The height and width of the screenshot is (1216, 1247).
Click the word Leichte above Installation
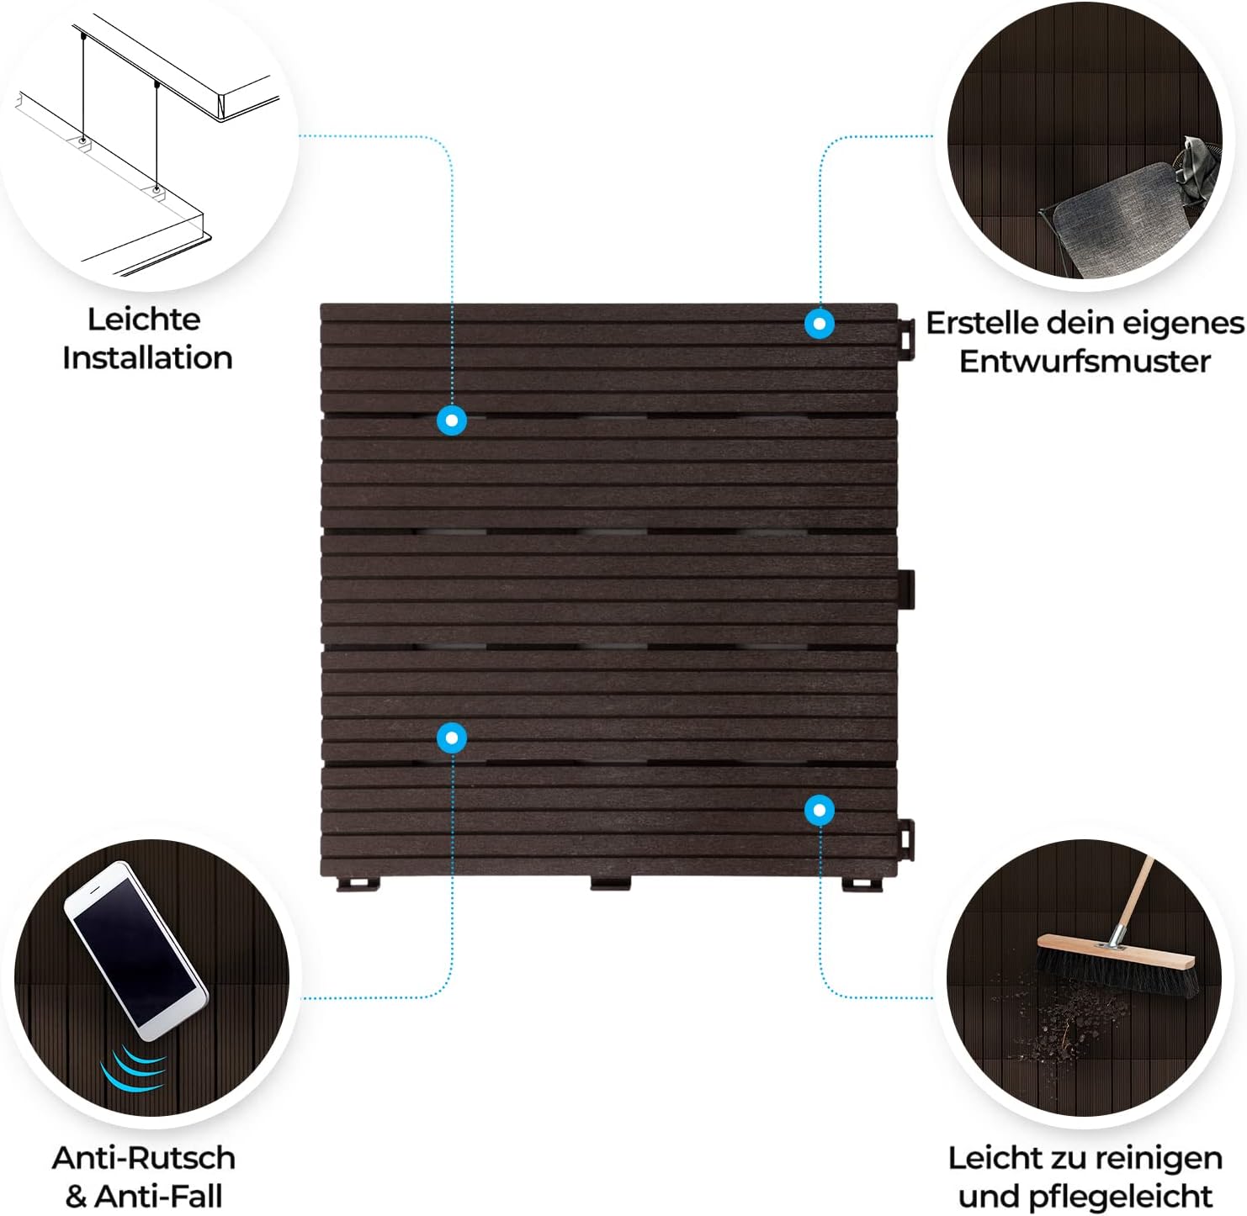[144, 320]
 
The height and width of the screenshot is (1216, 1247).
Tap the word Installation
[147, 358]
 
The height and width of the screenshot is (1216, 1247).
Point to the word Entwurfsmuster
[1085, 362]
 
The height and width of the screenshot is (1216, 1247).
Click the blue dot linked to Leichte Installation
[452, 420]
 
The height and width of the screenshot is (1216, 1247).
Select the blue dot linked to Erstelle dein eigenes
[819, 324]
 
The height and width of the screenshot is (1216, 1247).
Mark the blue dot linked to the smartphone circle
[452, 738]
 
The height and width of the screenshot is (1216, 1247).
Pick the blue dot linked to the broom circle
[819, 811]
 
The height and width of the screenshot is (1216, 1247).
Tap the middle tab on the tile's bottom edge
[611, 884]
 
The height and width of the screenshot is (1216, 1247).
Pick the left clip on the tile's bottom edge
[358, 884]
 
